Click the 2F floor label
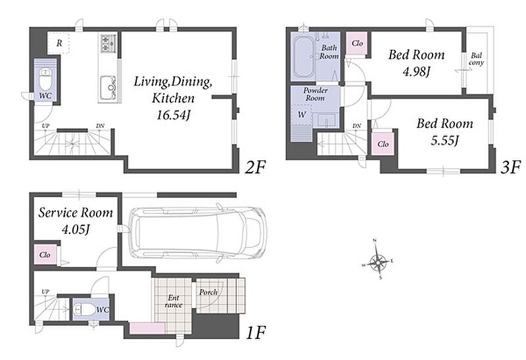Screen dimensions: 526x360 tap(255, 168)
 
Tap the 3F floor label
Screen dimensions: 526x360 tap(510, 168)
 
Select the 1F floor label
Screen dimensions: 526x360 tap(256, 333)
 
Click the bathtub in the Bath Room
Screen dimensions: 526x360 tap(304, 57)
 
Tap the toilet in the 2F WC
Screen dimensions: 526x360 tap(45, 79)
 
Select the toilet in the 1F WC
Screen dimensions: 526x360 tap(85, 309)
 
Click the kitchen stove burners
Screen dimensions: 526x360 tap(108, 43)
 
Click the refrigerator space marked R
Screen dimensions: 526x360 tap(59, 43)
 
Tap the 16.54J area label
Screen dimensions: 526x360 tap(174, 116)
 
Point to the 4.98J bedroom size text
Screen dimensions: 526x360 tap(416, 72)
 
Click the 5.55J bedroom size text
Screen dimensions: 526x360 tap(444, 140)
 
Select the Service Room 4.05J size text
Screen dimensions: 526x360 tap(76, 230)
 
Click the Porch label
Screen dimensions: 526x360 tap(208, 292)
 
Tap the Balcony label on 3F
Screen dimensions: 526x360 tap(476, 59)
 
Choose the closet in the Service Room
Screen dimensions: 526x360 tap(45, 255)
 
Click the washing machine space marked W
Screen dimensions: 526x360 tap(302, 115)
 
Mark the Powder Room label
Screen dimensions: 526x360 tap(315, 94)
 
